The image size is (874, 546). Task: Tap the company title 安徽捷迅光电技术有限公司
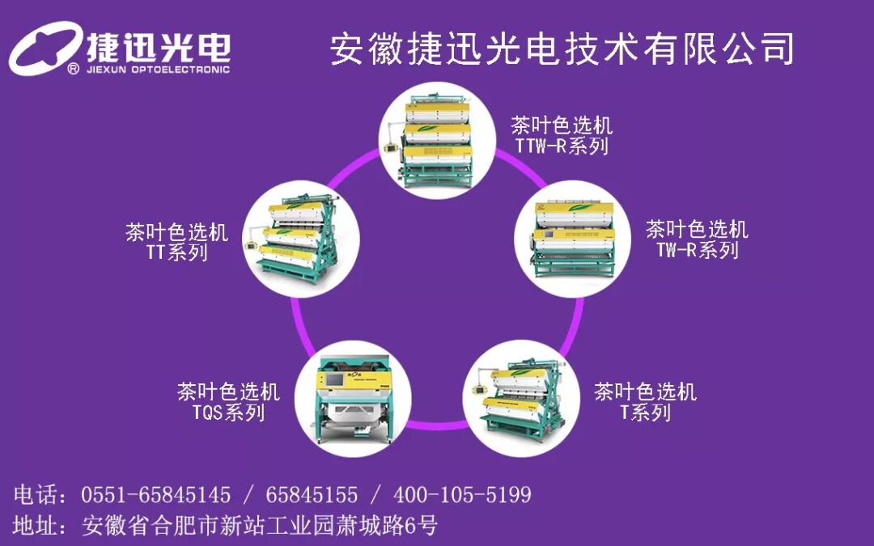coord(562,49)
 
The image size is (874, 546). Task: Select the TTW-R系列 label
coord(562,146)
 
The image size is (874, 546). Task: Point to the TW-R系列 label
coord(698,250)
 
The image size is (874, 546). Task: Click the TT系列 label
coord(176,252)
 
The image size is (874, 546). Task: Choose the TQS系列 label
coord(228,413)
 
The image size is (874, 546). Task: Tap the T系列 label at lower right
coord(645,413)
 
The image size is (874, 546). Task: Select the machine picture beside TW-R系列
coord(571,236)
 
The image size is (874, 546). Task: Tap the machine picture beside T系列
coord(520,397)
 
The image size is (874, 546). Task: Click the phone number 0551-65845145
coord(156,494)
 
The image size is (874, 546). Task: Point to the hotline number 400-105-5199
coord(462,494)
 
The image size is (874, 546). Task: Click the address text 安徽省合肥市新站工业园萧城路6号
coord(260,526)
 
